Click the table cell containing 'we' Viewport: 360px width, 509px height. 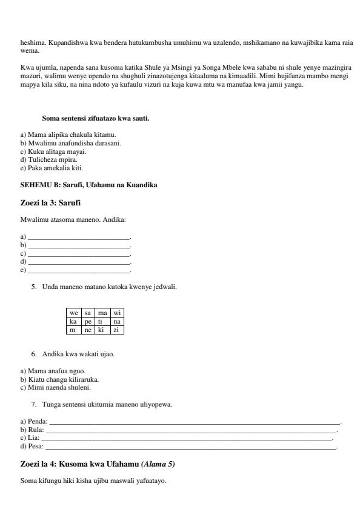tap(73, 313)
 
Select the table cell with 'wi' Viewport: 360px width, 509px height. tap(117, 313)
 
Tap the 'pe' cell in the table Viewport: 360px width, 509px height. tap(88, 322)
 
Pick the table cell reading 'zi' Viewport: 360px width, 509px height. tap(117, 330)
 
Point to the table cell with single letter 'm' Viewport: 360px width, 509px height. tap(73, 330)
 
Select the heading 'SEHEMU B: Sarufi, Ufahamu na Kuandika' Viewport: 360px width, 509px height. tap(88, 185)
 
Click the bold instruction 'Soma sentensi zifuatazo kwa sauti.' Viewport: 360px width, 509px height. tap(95, 118)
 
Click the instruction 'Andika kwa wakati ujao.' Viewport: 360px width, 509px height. tap(78, 354)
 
